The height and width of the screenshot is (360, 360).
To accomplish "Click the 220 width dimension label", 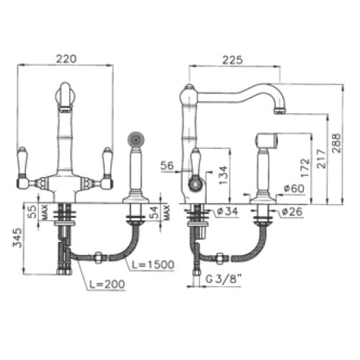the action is (x=66, y=59).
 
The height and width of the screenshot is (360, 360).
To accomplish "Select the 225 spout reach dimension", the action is (x=233, y=60).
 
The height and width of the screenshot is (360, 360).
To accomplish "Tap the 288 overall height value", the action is (x=336, y=143).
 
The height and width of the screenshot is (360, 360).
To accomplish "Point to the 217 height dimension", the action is (x=322, y=158).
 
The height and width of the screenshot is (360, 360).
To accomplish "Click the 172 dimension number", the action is (x=305, y=168).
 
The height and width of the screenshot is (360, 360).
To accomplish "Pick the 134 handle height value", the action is (x=224, y=175).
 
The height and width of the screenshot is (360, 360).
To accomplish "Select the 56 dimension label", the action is (x=167, y=166).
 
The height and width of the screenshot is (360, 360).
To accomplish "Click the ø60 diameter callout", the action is (x=294, y=189).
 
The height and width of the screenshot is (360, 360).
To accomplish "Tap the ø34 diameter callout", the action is (x=227, y=211).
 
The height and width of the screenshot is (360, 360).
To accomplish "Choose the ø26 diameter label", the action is (x=292, y=212).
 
